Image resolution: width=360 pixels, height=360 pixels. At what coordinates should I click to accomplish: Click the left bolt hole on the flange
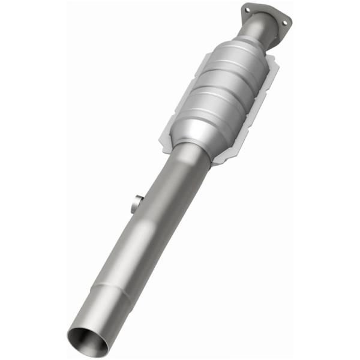click(247, 10)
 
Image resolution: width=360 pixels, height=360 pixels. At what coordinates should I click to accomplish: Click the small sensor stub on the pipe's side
click(136, 202)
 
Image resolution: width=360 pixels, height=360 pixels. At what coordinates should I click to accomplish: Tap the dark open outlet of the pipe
click(88, 340)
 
